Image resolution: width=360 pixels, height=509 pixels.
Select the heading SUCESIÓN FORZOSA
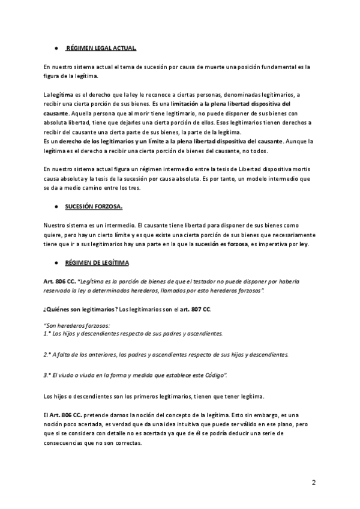[94, 207]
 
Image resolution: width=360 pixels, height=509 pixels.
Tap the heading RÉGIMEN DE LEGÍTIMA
[97, 263]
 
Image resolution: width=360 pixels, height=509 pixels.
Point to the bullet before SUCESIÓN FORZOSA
[55, 207]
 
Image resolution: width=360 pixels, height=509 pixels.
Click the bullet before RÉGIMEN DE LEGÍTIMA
[55, 263]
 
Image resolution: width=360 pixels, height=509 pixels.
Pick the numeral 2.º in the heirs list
[47, 354]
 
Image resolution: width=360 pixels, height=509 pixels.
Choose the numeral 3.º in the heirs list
[47, 375]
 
